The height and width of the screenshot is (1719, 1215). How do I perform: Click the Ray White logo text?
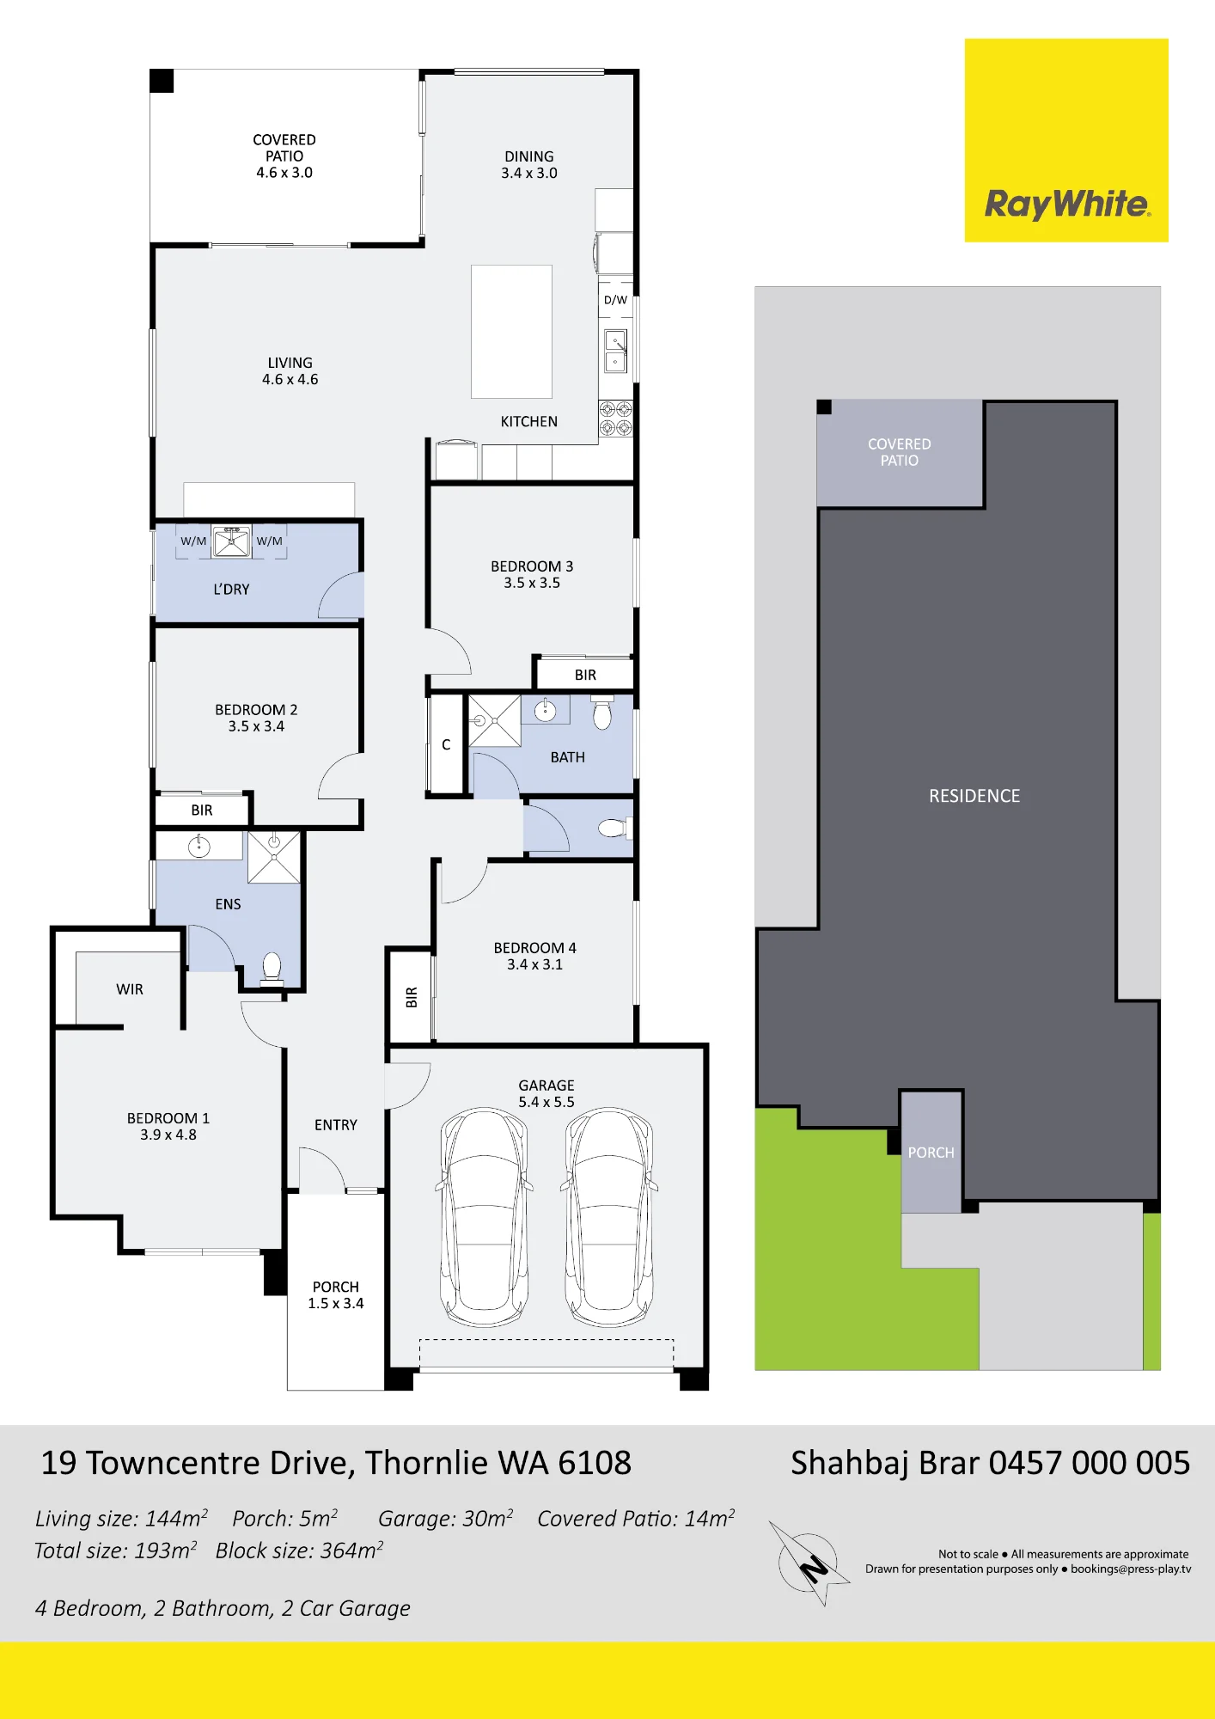click(x=1066, y=204)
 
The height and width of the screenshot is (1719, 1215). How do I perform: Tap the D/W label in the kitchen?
click(x=615, y=300)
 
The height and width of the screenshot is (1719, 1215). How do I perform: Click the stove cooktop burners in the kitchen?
click(x=616, y=419)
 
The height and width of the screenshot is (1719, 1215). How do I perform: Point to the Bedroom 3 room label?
click(x=532, y=574)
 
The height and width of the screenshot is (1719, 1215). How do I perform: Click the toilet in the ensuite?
click(x=272, y=968)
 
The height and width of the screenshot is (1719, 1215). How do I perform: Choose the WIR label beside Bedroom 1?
click(x=130, y=989)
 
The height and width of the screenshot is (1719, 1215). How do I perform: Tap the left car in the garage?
click(x=484, y=1217)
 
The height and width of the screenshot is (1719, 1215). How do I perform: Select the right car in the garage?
click(x=608, y=1217)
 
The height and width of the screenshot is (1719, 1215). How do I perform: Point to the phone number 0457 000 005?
click(x=1090, y=1463)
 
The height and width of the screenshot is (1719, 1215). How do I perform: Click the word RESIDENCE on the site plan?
click(x=974, y=796)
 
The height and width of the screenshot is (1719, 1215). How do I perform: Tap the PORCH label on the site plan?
click(x=931, y=1153)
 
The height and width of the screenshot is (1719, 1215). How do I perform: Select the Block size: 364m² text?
click(x=299, y=1550)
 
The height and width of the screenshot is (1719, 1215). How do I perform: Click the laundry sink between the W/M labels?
click(x=231, y=541)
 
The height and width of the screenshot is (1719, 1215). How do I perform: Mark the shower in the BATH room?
click(x=494, y=720)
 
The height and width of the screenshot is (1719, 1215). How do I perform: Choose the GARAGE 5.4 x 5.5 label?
click(x=546, y=1093)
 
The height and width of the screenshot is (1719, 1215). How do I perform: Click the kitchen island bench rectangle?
click(x=511, y=332)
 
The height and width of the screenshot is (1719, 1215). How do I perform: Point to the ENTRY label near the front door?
click(x=336, y=1125)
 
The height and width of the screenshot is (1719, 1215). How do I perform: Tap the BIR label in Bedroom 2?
click(x=202, y=811)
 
